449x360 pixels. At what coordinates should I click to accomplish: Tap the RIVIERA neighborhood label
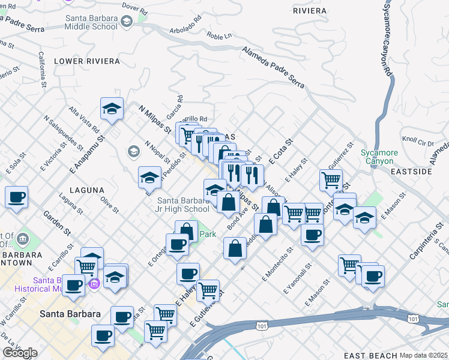coord(310,11)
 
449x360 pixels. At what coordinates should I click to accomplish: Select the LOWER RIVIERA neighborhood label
coord(79,61)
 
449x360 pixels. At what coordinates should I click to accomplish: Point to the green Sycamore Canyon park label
coord(377,157)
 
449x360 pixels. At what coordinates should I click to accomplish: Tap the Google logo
coord(20,353)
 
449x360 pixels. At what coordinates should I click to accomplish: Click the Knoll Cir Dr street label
coord(417,142)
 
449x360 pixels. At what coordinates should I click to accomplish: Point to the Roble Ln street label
coord(218,36)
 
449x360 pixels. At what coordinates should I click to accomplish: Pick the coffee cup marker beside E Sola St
coord(17,197)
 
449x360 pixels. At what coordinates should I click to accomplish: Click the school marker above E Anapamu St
coord(112,109)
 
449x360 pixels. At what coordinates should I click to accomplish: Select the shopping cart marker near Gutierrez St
coord(331,179)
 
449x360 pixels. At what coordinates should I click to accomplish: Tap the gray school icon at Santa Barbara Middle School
coord(126,22)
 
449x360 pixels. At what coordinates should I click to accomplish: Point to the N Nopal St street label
coord(157,151)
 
